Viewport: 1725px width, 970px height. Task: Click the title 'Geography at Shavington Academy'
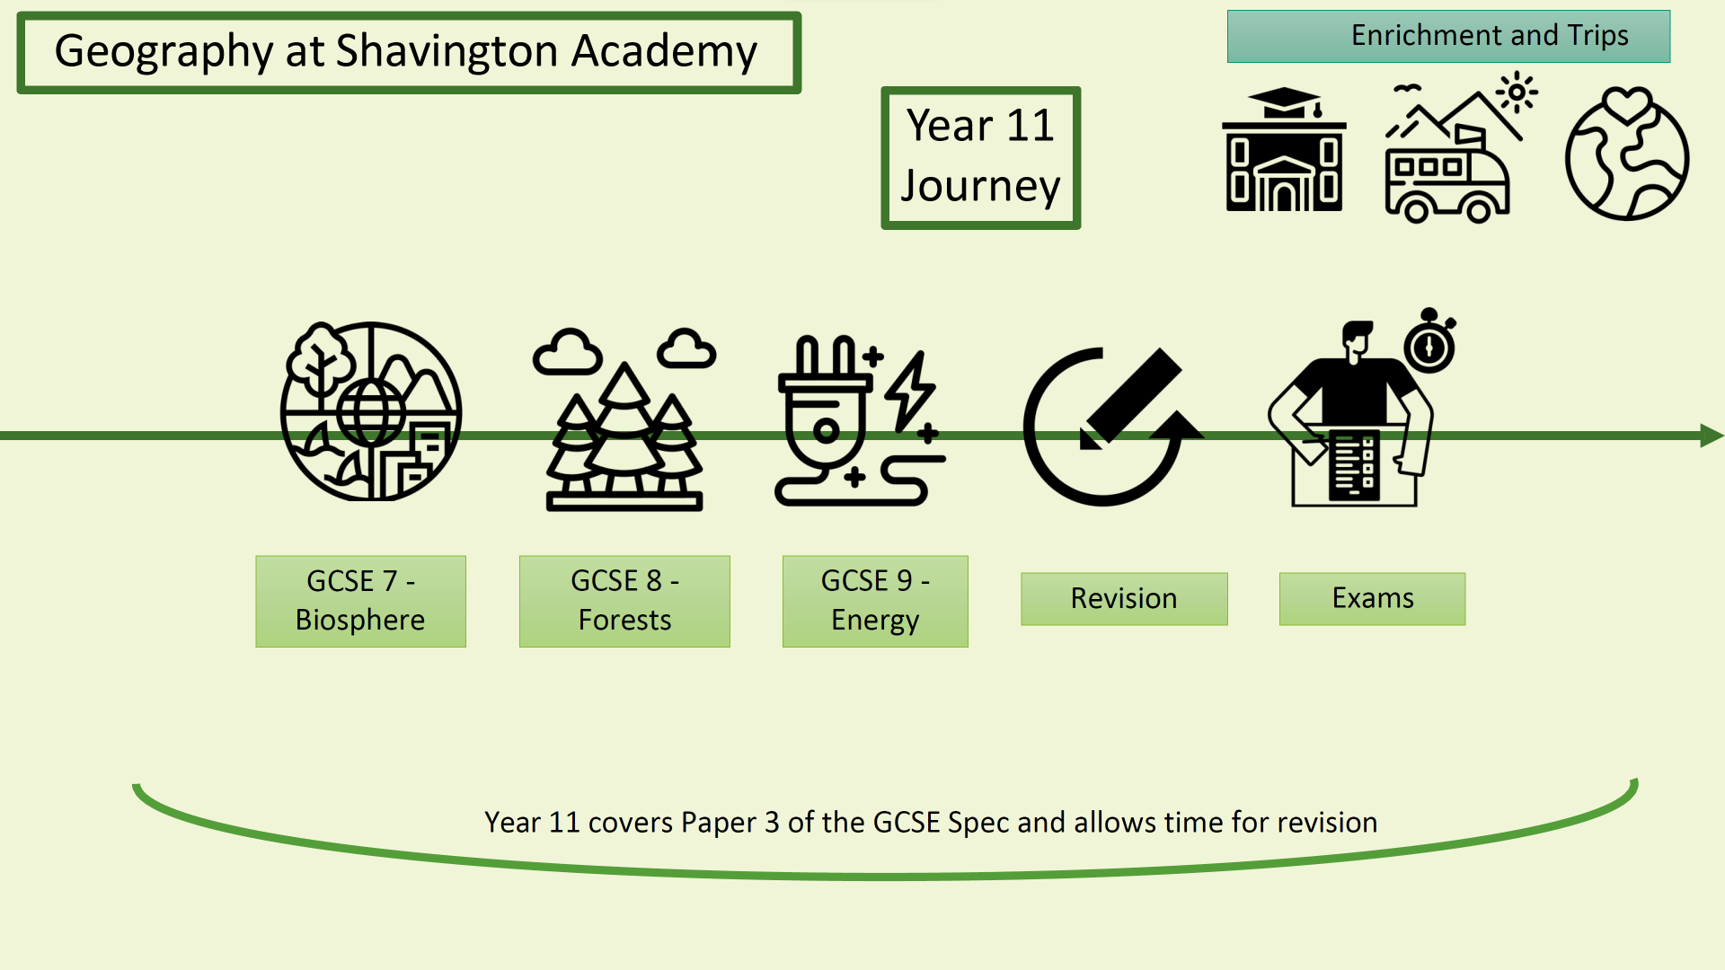click(x=406, y=52)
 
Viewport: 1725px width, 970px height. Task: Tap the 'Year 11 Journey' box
click(x=980, y=157)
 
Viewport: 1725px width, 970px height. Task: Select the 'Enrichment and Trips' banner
click(x=1448, y=36)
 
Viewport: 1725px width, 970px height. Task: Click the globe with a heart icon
click(x=1626, y=154)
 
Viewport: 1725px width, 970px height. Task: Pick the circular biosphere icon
click(x=370, y=411)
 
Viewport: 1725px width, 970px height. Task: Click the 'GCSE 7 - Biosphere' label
click(x=360, y=601)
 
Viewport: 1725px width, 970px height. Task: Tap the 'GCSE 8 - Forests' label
click(x=624, y=601)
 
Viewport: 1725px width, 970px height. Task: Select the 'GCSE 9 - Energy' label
click(x=875, y=601)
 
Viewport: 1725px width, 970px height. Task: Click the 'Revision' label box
click(x=1124, y=598)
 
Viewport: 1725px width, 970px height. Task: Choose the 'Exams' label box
click(x=1372, y=598)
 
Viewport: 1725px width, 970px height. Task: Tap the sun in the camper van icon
click(x=1517, y=93)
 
